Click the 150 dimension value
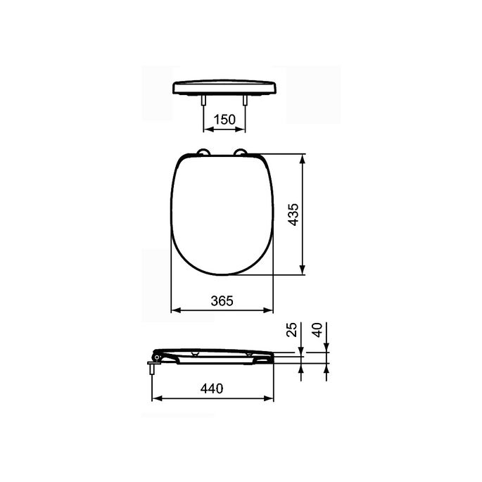224,120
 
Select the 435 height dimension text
293,214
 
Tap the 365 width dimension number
222,300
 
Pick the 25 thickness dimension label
293,331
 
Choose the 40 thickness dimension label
317,331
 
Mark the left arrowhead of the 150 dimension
207,129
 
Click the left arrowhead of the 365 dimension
177,310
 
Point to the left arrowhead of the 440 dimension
157,398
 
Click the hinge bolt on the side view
153,366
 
